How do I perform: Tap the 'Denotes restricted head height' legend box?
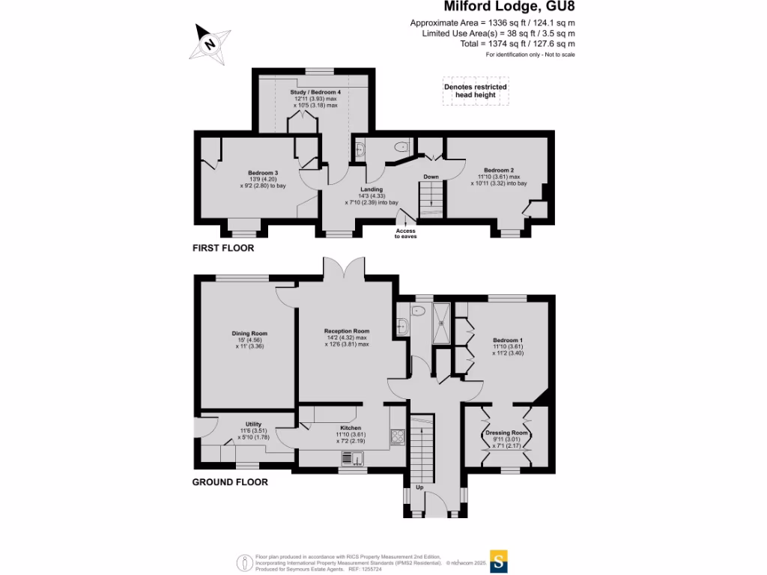[476, 91]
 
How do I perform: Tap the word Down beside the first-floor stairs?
[431, 177]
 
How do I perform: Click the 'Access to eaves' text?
[405, 234]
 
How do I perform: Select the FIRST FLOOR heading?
[223, 248]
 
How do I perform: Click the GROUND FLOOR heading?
[230, 482]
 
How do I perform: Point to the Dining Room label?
[249, 333]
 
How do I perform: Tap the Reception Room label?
[347, 331]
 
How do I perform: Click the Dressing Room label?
[507, 433]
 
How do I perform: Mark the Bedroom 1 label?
[507, 341]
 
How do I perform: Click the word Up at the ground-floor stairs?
[419, 487]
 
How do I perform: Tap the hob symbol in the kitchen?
[398, 436]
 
